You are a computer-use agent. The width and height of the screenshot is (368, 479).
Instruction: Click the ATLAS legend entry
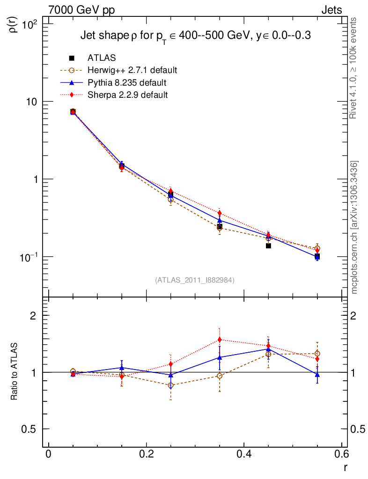[x=102, y=58]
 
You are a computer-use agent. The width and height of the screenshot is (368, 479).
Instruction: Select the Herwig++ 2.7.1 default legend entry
[x=132, y=71]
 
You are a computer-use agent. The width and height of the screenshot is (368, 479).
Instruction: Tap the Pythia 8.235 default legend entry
[x=127, y=83]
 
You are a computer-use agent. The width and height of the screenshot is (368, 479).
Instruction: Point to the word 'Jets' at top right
[x=331, y=10]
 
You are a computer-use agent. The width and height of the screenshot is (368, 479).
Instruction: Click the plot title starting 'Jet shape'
[x=196, y=36]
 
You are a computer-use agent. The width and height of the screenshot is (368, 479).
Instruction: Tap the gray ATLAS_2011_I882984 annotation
[x=195, y=280]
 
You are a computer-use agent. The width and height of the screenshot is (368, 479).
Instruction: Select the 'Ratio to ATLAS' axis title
[x=14, y=372]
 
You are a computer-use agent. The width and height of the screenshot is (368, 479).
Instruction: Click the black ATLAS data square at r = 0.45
[x=268, y=246]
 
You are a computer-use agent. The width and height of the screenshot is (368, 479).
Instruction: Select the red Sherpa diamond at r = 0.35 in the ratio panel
[x=219, y=340]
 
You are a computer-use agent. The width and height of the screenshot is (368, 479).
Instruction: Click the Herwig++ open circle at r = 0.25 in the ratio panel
[x=170, y=385]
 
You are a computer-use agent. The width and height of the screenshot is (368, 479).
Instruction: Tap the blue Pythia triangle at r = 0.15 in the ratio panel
[x=122, y=368]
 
